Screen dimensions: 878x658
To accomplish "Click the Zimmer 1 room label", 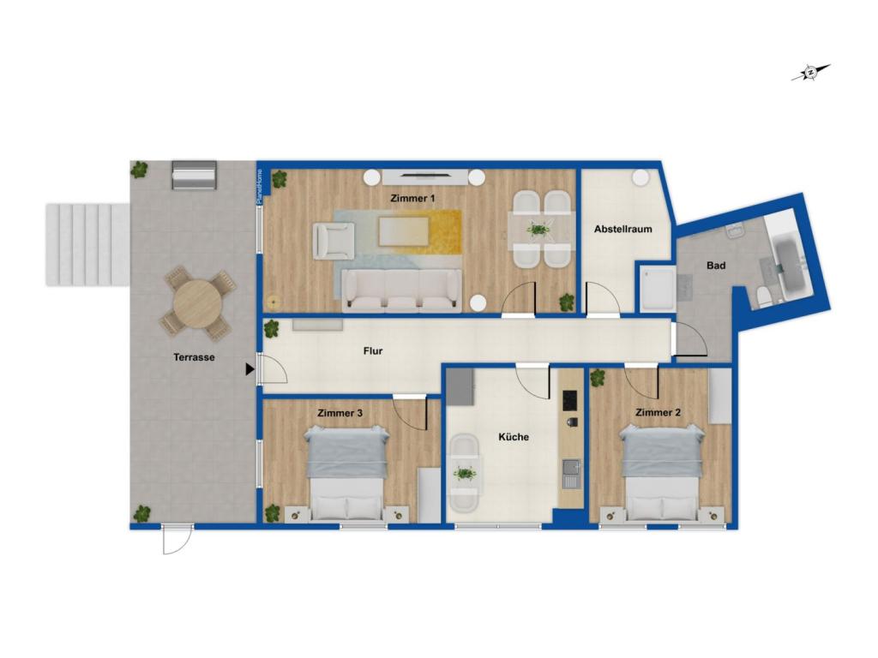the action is pos(412,198).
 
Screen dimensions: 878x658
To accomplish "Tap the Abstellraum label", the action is pos(622,229).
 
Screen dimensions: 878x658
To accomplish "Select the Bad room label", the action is pos(716,266).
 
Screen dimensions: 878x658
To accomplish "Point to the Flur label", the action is pos(373,350).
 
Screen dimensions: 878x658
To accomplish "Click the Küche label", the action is pos(514,436).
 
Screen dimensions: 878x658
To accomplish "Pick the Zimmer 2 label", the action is pos(658,412).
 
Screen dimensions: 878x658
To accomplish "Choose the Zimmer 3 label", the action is pos(340,413).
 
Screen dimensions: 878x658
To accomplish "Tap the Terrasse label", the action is pos(194,357).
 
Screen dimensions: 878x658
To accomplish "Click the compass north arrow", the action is pos(810,72).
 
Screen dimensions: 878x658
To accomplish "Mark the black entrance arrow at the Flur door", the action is pos(250,369).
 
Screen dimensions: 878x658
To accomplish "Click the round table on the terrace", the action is pos(197,304).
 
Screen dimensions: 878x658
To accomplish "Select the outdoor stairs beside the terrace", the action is pos(87,244).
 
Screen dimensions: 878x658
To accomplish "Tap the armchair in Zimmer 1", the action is pos(334,241).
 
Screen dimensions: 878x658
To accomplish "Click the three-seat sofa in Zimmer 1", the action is pos(401,290).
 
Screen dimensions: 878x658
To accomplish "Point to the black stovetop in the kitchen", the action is pos(570,399).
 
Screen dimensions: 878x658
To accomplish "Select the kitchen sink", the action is pos(570,473).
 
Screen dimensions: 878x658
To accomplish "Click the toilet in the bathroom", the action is pos(762,296).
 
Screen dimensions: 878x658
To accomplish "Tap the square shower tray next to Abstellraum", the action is pos(658,288).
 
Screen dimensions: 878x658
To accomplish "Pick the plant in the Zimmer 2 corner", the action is pos(598,378).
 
